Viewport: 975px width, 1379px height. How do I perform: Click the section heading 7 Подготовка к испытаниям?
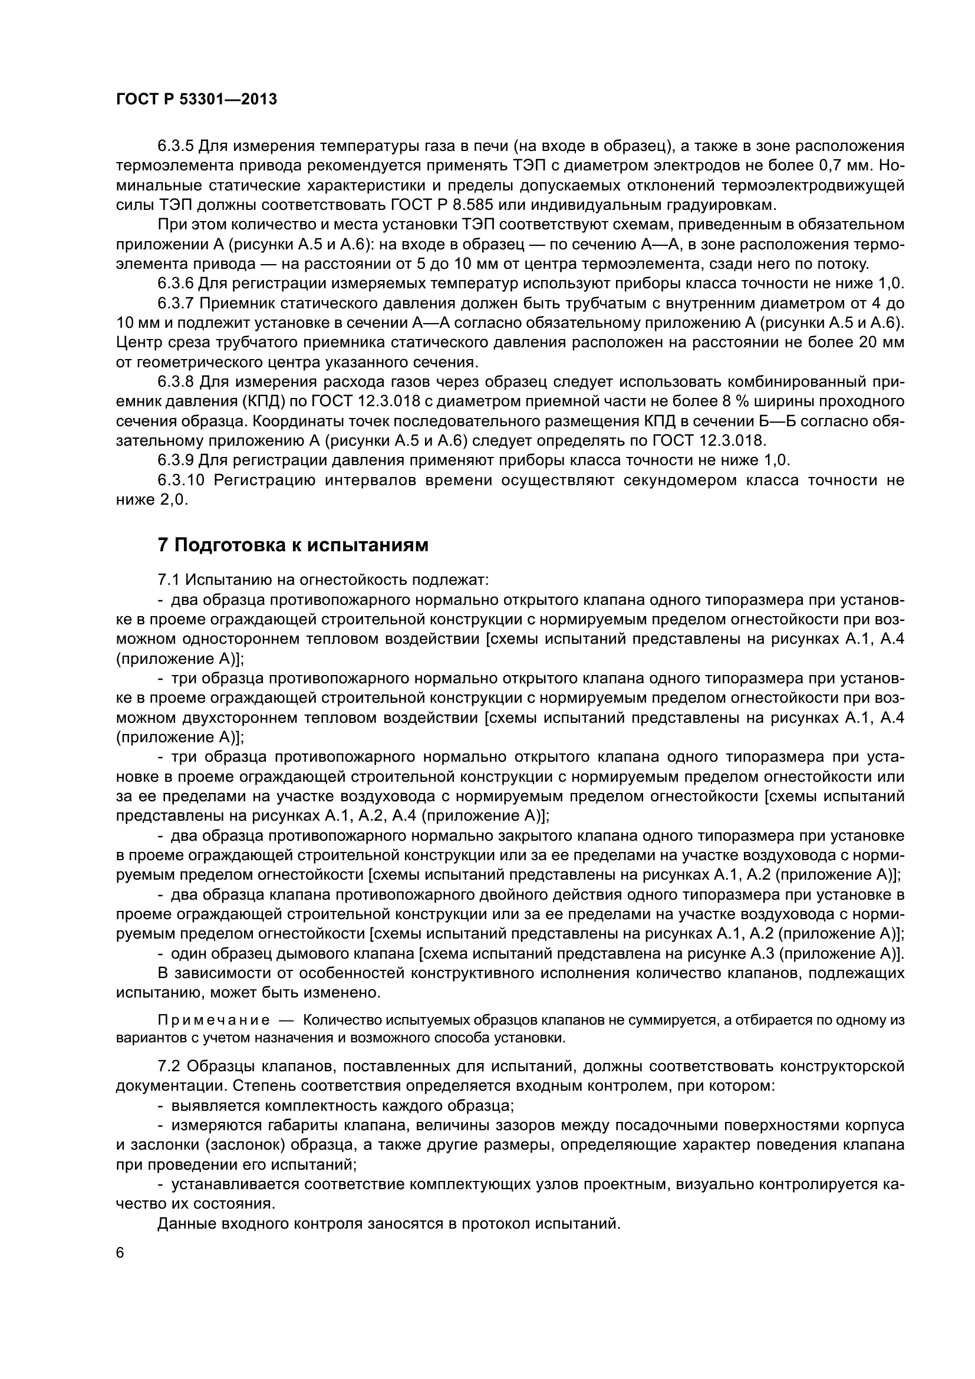293,545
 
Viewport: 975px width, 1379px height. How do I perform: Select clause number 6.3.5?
175,146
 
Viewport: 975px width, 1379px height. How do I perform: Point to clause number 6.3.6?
175,284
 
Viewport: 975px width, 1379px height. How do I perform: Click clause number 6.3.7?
175,303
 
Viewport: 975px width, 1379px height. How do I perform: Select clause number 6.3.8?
175,382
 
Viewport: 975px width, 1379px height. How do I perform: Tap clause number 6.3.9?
175,460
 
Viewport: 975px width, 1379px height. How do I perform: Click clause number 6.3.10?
182,480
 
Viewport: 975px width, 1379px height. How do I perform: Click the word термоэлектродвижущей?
817,186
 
